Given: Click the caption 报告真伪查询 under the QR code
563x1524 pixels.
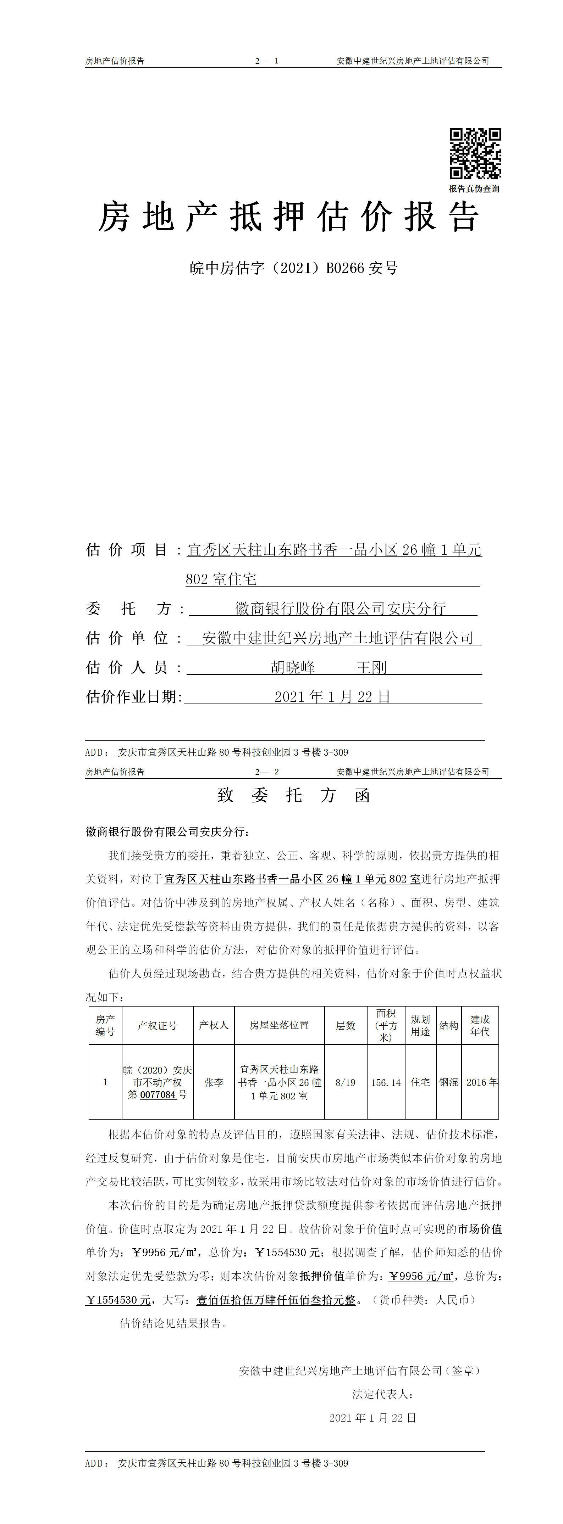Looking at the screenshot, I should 474,189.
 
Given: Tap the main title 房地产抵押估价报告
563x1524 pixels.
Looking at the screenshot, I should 288,217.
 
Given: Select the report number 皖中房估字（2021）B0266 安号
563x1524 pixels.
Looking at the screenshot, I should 294,268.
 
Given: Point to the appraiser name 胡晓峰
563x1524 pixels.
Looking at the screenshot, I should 293,667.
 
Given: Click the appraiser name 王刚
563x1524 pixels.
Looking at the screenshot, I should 371,667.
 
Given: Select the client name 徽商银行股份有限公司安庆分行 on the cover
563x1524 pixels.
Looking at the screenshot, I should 341,608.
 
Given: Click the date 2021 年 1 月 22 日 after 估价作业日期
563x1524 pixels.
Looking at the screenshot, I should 332,696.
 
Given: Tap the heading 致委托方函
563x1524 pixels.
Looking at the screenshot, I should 294,795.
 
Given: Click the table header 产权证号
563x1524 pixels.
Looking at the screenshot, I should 158,1025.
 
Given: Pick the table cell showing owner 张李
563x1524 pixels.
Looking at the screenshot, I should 214,1082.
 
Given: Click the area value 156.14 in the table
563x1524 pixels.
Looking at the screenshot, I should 386,1082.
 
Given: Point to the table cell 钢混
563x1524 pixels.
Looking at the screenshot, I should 449,1082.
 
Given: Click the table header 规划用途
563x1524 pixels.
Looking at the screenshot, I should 420,1025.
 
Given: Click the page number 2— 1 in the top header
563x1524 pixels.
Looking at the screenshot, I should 267,61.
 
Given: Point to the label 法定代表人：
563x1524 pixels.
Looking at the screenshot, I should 382,1394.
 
